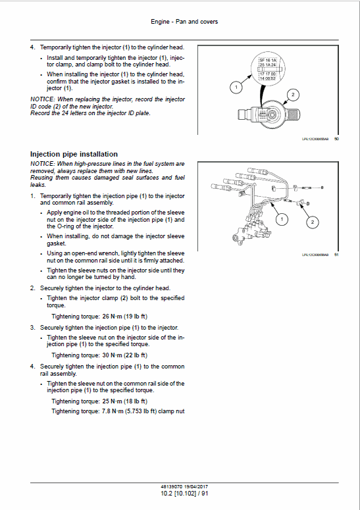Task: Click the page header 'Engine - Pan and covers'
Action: click(x=184, y=22)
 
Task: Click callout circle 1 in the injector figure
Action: click(x=234, y=86)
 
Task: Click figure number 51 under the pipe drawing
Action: click(x=336, y=255)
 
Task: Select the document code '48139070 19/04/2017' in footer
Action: click(x=184, y=486)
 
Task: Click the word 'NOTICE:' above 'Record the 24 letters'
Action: click(x=42, y=99)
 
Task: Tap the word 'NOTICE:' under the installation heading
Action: click(x=42, y=163)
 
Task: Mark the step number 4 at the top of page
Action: click(x=33, y=48)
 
